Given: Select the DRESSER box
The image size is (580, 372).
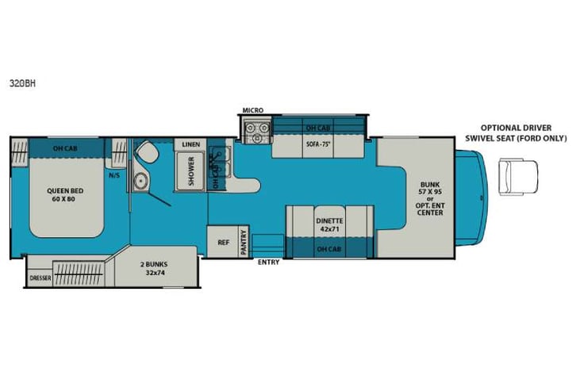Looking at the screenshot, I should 40,278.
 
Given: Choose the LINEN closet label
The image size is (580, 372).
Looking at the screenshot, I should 190,144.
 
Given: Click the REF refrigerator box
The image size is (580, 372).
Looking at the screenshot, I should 221,243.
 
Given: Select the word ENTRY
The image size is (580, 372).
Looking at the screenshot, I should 268,263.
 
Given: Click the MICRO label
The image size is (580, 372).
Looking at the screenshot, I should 253,109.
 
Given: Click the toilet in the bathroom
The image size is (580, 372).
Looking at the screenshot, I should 145,151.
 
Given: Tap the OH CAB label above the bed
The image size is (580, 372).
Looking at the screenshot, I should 65,148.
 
